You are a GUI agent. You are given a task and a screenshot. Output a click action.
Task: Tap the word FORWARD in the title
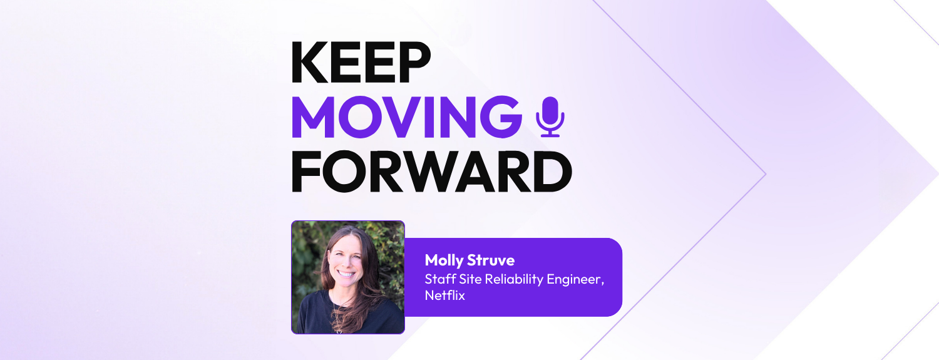coord(431,171)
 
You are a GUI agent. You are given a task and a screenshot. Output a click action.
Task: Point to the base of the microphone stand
coord(550,135)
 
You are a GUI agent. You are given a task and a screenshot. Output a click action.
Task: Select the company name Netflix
coord(445,296)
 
